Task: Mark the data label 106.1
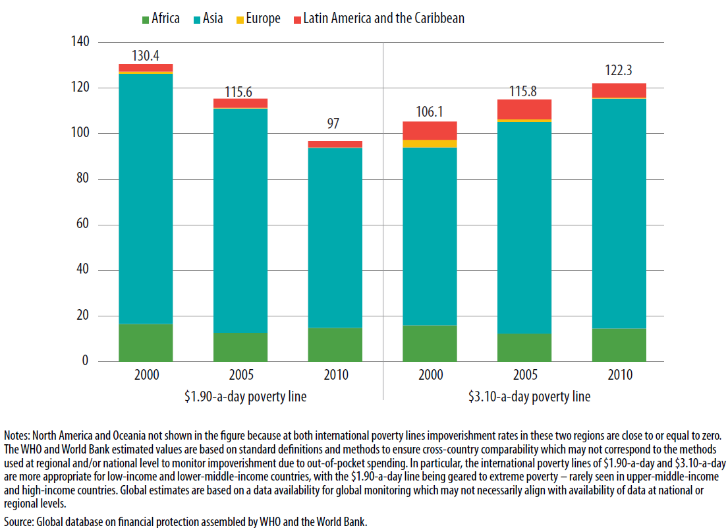click(x=430, y=112)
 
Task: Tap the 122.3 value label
click(x=619, y=71)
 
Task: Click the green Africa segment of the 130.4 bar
click(x=146, y=343)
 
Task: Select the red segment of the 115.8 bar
click(x=524, y=109)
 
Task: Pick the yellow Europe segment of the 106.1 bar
click(x=430, y=143)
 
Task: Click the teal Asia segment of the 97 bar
click(x=335, y=237)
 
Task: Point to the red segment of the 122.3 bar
click(x=619, y=90)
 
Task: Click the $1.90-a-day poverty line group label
click(x=240, y=396)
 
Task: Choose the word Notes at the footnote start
click(x=17, y=436)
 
